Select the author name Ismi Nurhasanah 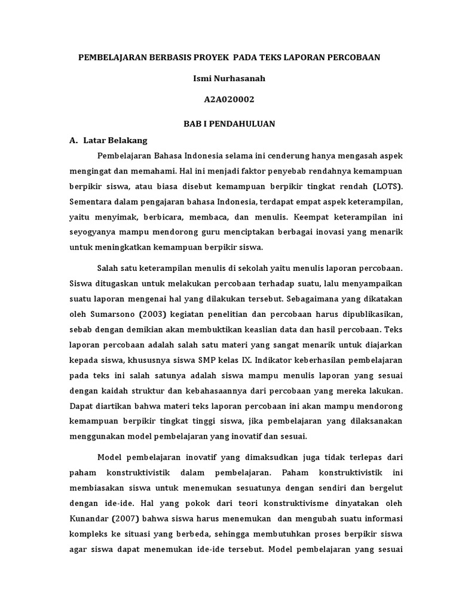click(229, 78)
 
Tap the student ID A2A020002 click(229, 100)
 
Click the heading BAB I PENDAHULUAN click(229, 123)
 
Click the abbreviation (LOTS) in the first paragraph click(387, 185)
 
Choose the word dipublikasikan click(369, 314)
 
